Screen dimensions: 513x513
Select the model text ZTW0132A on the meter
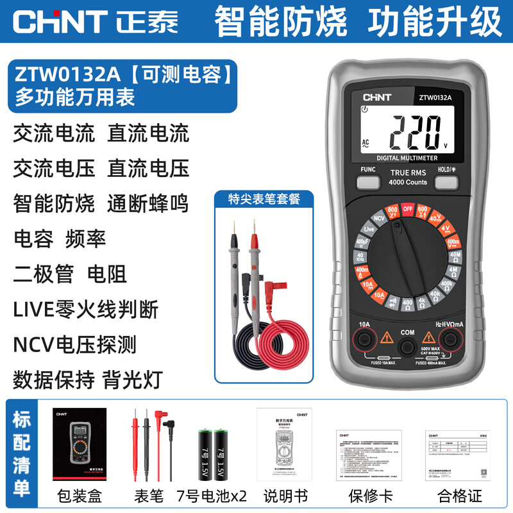pos(436,98)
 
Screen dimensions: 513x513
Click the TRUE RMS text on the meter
pos(408,172)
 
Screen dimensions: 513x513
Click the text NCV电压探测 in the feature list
pos(75,345)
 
